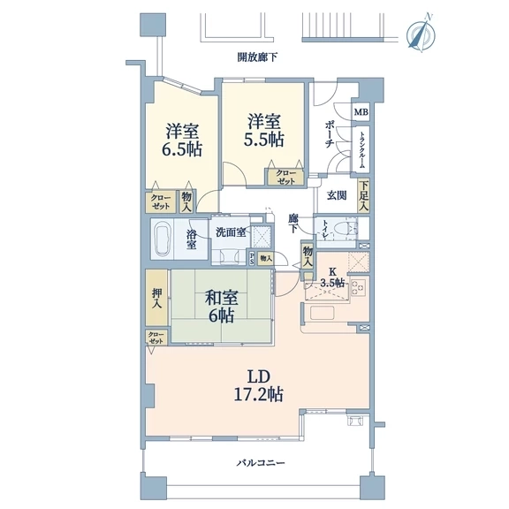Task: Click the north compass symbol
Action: [421, 34]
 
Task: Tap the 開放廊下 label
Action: [258, 57]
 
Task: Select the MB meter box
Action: [361, 112]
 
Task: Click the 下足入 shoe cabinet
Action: [363, 195]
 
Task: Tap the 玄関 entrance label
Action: [337, 195]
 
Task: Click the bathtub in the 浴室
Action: [163, 239]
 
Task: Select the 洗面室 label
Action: [231, 232]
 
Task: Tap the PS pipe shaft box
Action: [252, 259]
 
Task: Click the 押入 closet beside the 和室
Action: [156, 297]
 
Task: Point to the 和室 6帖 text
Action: [221, 307]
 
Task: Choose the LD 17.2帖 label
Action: [259, 386]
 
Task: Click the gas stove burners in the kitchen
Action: [359, 287]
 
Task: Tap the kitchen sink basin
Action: [322, 313]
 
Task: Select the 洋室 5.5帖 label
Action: [263, 130]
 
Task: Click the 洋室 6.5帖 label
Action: [182, 141]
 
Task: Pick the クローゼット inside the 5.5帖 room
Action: [285, 178]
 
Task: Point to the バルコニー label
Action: [261, 462]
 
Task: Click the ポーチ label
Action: [330, 134]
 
